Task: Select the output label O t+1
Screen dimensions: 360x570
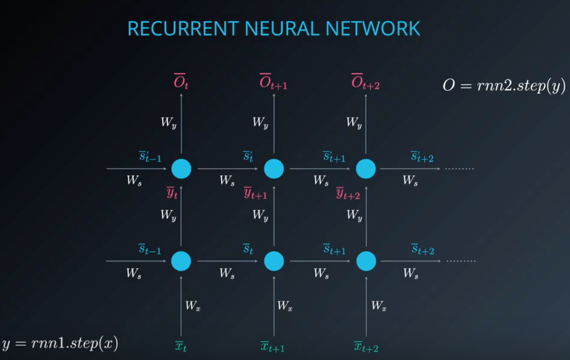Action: [273, 82]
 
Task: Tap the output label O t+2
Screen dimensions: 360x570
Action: [365, 82]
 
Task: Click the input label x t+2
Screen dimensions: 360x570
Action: [366, 347]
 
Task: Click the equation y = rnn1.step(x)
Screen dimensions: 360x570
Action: [60, 343]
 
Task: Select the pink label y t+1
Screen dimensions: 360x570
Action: [255, 193]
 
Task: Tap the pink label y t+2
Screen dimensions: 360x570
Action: [348, 193]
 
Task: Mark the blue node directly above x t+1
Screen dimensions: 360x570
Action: [274, 261]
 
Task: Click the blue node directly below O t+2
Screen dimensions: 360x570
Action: [366, 169]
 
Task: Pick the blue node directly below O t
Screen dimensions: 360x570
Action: [181, 169]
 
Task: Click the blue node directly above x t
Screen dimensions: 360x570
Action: [181, 261]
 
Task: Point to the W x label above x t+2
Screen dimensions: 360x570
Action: [379, 306]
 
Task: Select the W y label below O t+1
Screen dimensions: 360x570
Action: [260, 122]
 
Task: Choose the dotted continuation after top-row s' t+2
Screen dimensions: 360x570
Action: [459, 169]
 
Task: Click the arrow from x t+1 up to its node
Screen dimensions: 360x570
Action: [274, 305]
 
